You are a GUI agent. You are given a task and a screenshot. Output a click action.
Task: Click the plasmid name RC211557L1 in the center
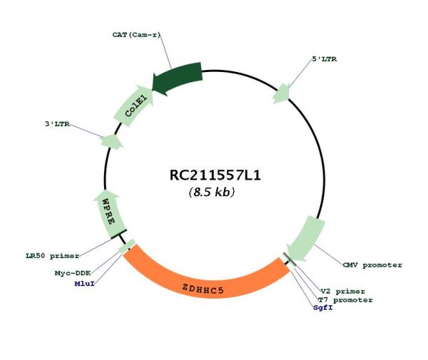[x=215, y=175]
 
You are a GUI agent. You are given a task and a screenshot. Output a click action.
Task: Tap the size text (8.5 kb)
[x=212, y=192]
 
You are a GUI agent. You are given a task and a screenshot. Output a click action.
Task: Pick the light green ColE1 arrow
[x=134, y=106]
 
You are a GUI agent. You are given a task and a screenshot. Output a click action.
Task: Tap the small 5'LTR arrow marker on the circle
[x=282, y=93]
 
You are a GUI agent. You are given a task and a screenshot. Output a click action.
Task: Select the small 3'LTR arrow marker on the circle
[x=111, y=142]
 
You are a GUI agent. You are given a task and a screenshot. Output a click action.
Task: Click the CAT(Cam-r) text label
[x=136, y=35]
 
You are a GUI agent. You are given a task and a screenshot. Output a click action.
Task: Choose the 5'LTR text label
[x=325, y=59]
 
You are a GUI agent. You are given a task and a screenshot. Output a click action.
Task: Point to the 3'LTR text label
[x=57, y=124]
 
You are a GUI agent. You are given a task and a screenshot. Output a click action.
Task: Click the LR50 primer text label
[x=52, y=256]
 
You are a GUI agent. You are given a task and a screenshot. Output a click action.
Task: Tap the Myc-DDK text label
[x=73, y=273]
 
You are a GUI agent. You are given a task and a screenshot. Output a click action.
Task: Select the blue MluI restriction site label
[x=85, y=284]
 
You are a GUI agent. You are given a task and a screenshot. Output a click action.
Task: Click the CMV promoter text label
[x=372, y=264]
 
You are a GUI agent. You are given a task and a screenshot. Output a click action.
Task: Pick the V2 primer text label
[x=343, y=292]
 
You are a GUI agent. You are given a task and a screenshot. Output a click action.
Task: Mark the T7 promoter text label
[x=345, y=300]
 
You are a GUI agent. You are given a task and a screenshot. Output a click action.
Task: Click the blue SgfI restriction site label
[x=323, y=308]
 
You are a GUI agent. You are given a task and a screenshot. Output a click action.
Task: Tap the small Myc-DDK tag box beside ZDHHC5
[x=127, y=246]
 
